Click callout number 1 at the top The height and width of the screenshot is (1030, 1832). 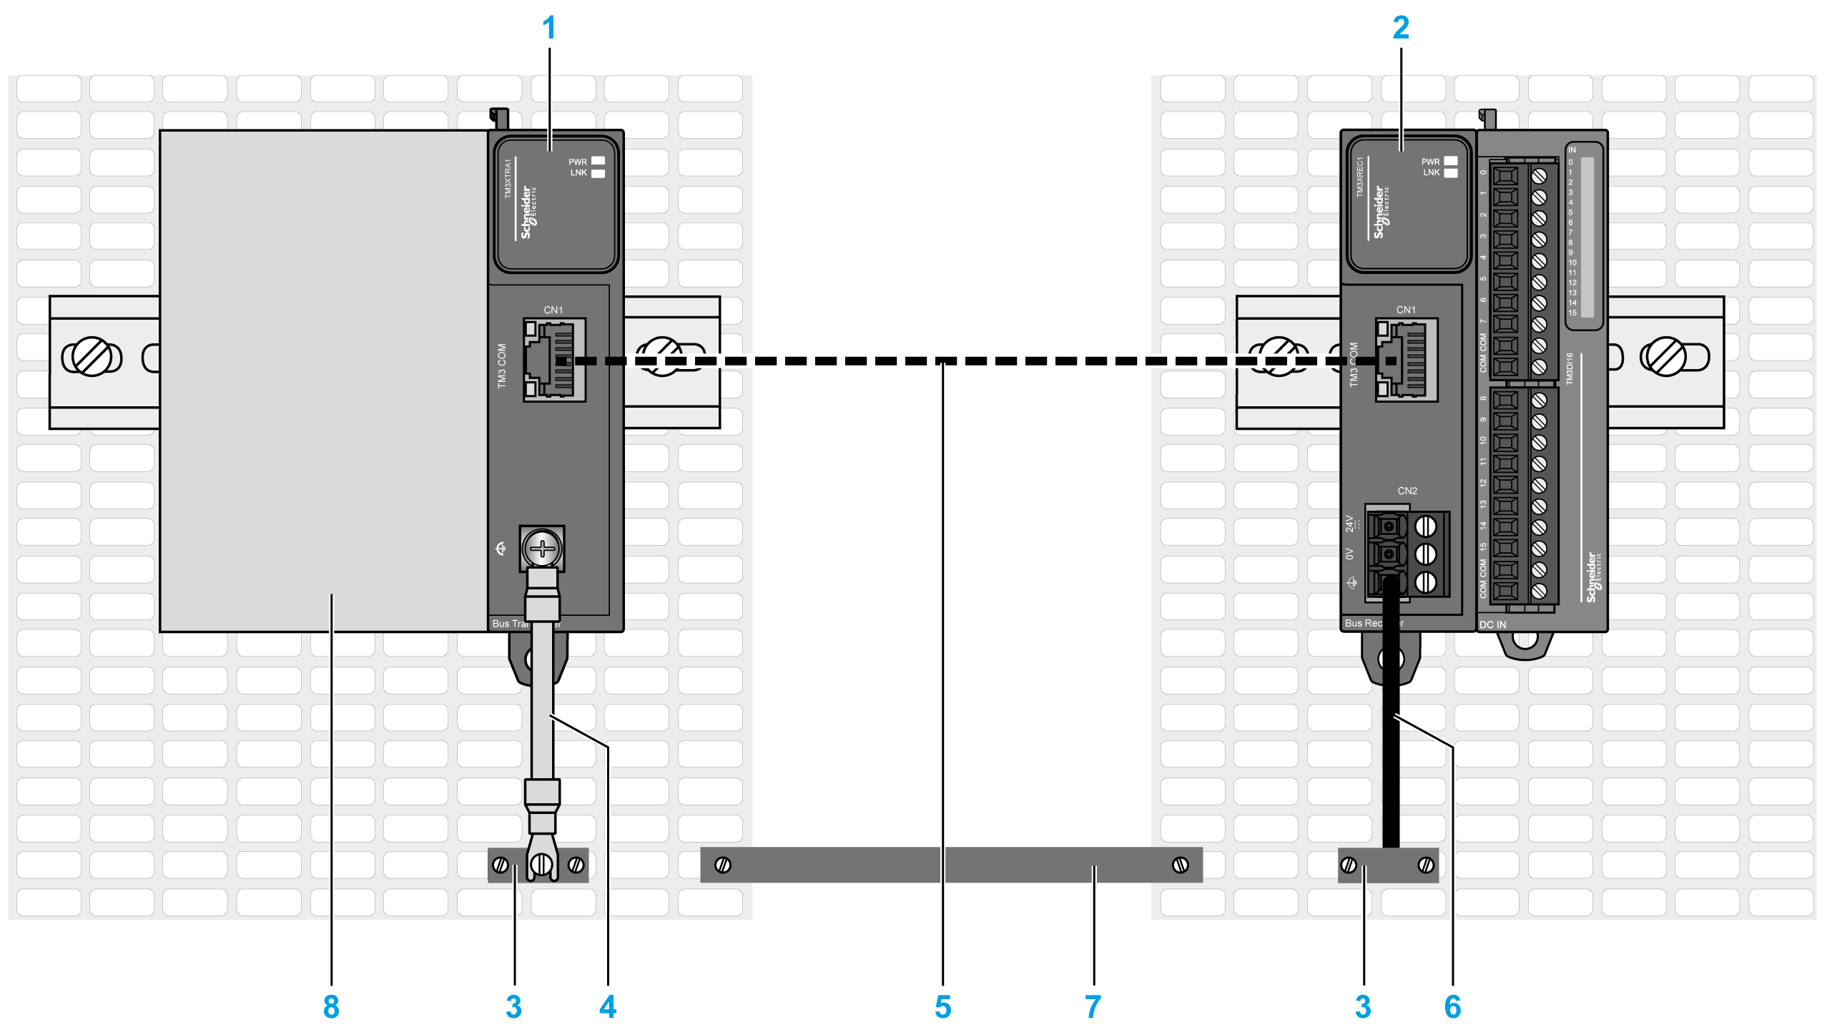[548, 29]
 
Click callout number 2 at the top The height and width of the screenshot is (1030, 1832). [1401, 29]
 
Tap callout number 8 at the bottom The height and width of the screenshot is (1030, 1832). [331, 1007]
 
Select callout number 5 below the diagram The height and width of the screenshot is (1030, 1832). [943, 1007]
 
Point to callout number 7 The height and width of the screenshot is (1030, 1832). [1093, 1007]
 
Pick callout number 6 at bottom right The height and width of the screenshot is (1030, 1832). [1452, 1007]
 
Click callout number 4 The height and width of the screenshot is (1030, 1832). [608, 1007]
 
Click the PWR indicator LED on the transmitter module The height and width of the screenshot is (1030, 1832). [598, 162]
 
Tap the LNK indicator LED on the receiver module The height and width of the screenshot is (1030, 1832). [1450, 173]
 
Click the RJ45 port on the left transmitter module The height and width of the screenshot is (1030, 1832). [554, 360]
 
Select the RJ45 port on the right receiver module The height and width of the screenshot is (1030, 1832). [1407, 360]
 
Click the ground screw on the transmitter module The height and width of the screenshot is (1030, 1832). [543, 549]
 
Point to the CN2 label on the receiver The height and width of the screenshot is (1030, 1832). [1407, 491]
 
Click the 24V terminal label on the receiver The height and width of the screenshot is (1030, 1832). [1349, 524]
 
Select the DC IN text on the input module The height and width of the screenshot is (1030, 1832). [1492, 624]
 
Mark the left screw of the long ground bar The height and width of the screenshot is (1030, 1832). [723, 865]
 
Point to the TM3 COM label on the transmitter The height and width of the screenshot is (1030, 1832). [502, 366]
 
